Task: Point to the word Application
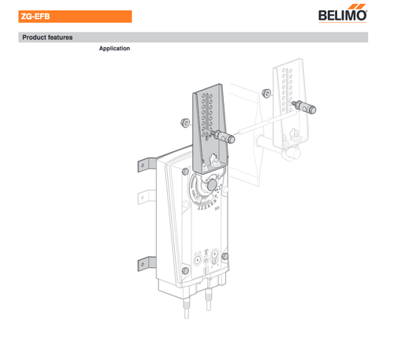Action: coord(114,49)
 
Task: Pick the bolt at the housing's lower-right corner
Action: coord(225,258)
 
